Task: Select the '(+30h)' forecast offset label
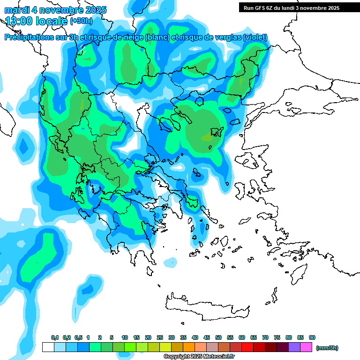pyautogui.click(x=81, y=21)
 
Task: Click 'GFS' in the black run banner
pyautogui.click(x=261, y=8)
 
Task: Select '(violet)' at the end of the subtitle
pyautogui.click(x=255, y=37)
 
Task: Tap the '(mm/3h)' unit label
pyautogui.click(x=327, y=348)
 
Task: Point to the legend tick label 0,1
pyautogui.click(x=55, y=338)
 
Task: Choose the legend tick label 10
pyautogui.click(x=125, y=338)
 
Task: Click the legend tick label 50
pyautogui.click(x=218, y=338)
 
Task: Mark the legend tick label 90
pyautogui.click(x=312, y=338)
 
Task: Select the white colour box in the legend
pyautogui.click(x=48, y=347)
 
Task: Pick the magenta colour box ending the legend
pyautogui.click(x=306, y=347)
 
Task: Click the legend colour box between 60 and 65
pyautogui.click(x=247, y=347)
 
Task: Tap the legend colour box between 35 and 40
pyautogui.click(x=189, y=347)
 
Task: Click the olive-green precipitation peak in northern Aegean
pyautogui.click(x=206, y=137)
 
